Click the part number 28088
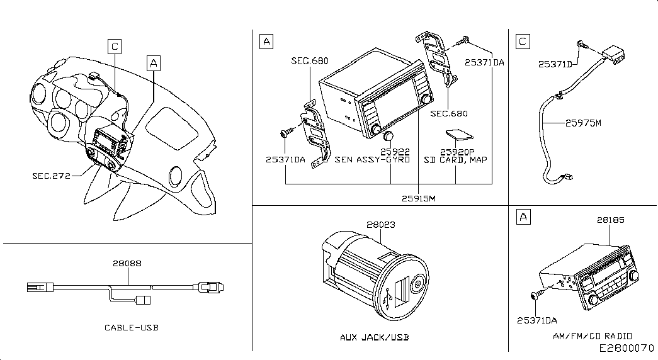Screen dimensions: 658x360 [x=127, y=264]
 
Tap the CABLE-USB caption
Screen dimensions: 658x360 [x=132, y=328]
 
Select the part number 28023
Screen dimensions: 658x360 [x=380, y=225]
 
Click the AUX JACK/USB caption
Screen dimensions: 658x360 [x=374, y=337]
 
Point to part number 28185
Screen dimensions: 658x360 [x=611, y=220]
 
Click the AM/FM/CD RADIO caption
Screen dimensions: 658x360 [x=593, y=336]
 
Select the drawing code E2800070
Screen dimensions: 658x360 [x=627, y=348]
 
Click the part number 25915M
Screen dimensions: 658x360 [x=418, y=198]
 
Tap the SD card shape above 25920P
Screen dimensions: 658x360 [x=459, y=134]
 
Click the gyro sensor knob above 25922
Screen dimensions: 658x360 [x=388, y=137]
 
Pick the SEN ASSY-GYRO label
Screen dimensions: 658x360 [x=372, y=160]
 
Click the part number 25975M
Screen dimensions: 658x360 [x=583, y=123]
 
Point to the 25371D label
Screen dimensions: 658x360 [x=555, y=64]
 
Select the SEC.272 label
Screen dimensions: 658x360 [x=51, y=176]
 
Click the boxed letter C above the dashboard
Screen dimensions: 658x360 [x=115, y=46]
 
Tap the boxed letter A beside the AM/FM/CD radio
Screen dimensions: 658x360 [x=523, y=217]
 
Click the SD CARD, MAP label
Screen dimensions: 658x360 [x=455, y=160]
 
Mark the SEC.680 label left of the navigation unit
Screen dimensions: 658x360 [x=310, y=61]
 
